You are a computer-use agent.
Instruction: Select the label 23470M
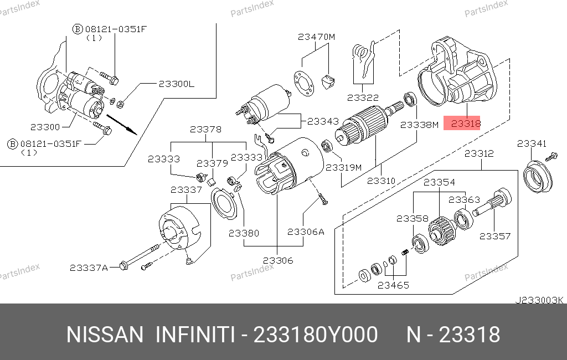(317, 37)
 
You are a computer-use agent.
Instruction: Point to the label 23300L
(177, 84)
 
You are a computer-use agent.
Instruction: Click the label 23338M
(419, 125)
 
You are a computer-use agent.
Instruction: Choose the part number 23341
(532, 143)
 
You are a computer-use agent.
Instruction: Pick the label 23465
(393, 285)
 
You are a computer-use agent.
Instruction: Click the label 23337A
(89, 268)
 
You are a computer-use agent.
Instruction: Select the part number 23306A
(306, 232)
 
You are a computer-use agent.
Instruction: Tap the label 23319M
(343, 167)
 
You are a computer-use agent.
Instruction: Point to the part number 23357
(495, 236)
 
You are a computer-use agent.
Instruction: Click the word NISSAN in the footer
(105, 335)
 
